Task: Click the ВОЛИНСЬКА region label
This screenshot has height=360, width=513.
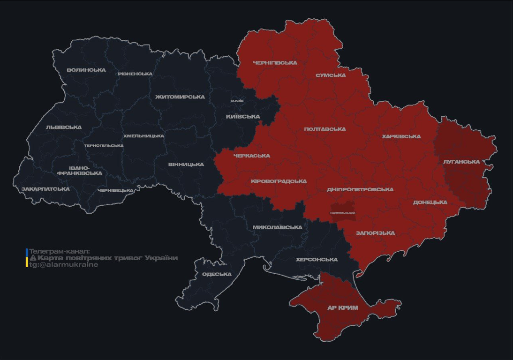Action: click(x=86, y=70)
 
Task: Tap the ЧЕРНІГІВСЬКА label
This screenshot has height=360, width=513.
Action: click(x=275, y=62)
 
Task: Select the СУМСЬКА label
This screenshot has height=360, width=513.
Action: click(x=331, y=75)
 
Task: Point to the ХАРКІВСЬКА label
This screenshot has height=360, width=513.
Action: click(x=401, y=136)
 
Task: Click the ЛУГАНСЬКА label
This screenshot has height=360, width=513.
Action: click(x=461, y=162)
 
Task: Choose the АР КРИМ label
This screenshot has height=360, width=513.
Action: click(x=342, y=308)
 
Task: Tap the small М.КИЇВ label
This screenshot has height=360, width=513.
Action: click(x=237, y=101)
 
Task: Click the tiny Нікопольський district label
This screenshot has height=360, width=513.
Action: click(x=342, y=213)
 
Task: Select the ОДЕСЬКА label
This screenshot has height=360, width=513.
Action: click(x=217, y=274)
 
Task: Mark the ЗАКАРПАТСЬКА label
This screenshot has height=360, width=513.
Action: click(x=45, y=189)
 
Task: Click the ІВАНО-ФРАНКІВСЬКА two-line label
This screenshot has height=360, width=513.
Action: click(x=79, y=170)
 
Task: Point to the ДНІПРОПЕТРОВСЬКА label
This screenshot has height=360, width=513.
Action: click(x=360, y=189)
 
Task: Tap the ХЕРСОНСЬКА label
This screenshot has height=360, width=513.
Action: click(x=317, y=259)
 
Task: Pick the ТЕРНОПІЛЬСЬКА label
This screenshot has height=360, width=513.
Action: click(x=104, y=145)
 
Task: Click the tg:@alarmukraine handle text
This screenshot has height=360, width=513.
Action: click(x=64, y=264)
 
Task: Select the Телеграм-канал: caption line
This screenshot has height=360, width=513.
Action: click(x=59, y=251)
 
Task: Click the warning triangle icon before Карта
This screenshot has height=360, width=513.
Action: click(x=33, y=258)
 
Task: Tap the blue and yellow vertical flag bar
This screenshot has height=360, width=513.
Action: click(x=27, y=258)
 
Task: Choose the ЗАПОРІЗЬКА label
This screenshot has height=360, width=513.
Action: click(x=375, y=233)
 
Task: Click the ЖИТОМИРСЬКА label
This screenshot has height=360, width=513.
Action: click(x=180, y=97)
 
